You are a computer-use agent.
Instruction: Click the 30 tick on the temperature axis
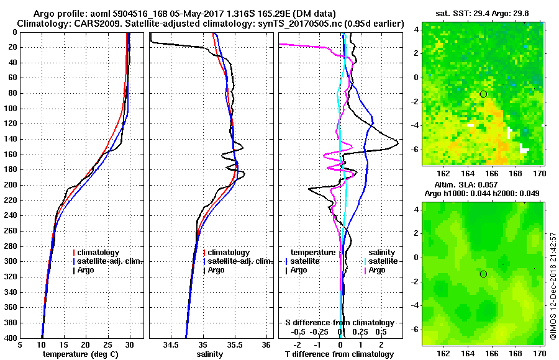130,345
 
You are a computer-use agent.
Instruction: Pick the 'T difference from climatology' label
339,354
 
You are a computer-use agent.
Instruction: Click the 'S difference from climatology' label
339,323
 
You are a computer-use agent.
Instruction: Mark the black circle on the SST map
483,94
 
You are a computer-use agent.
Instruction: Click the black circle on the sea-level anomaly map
483,274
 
